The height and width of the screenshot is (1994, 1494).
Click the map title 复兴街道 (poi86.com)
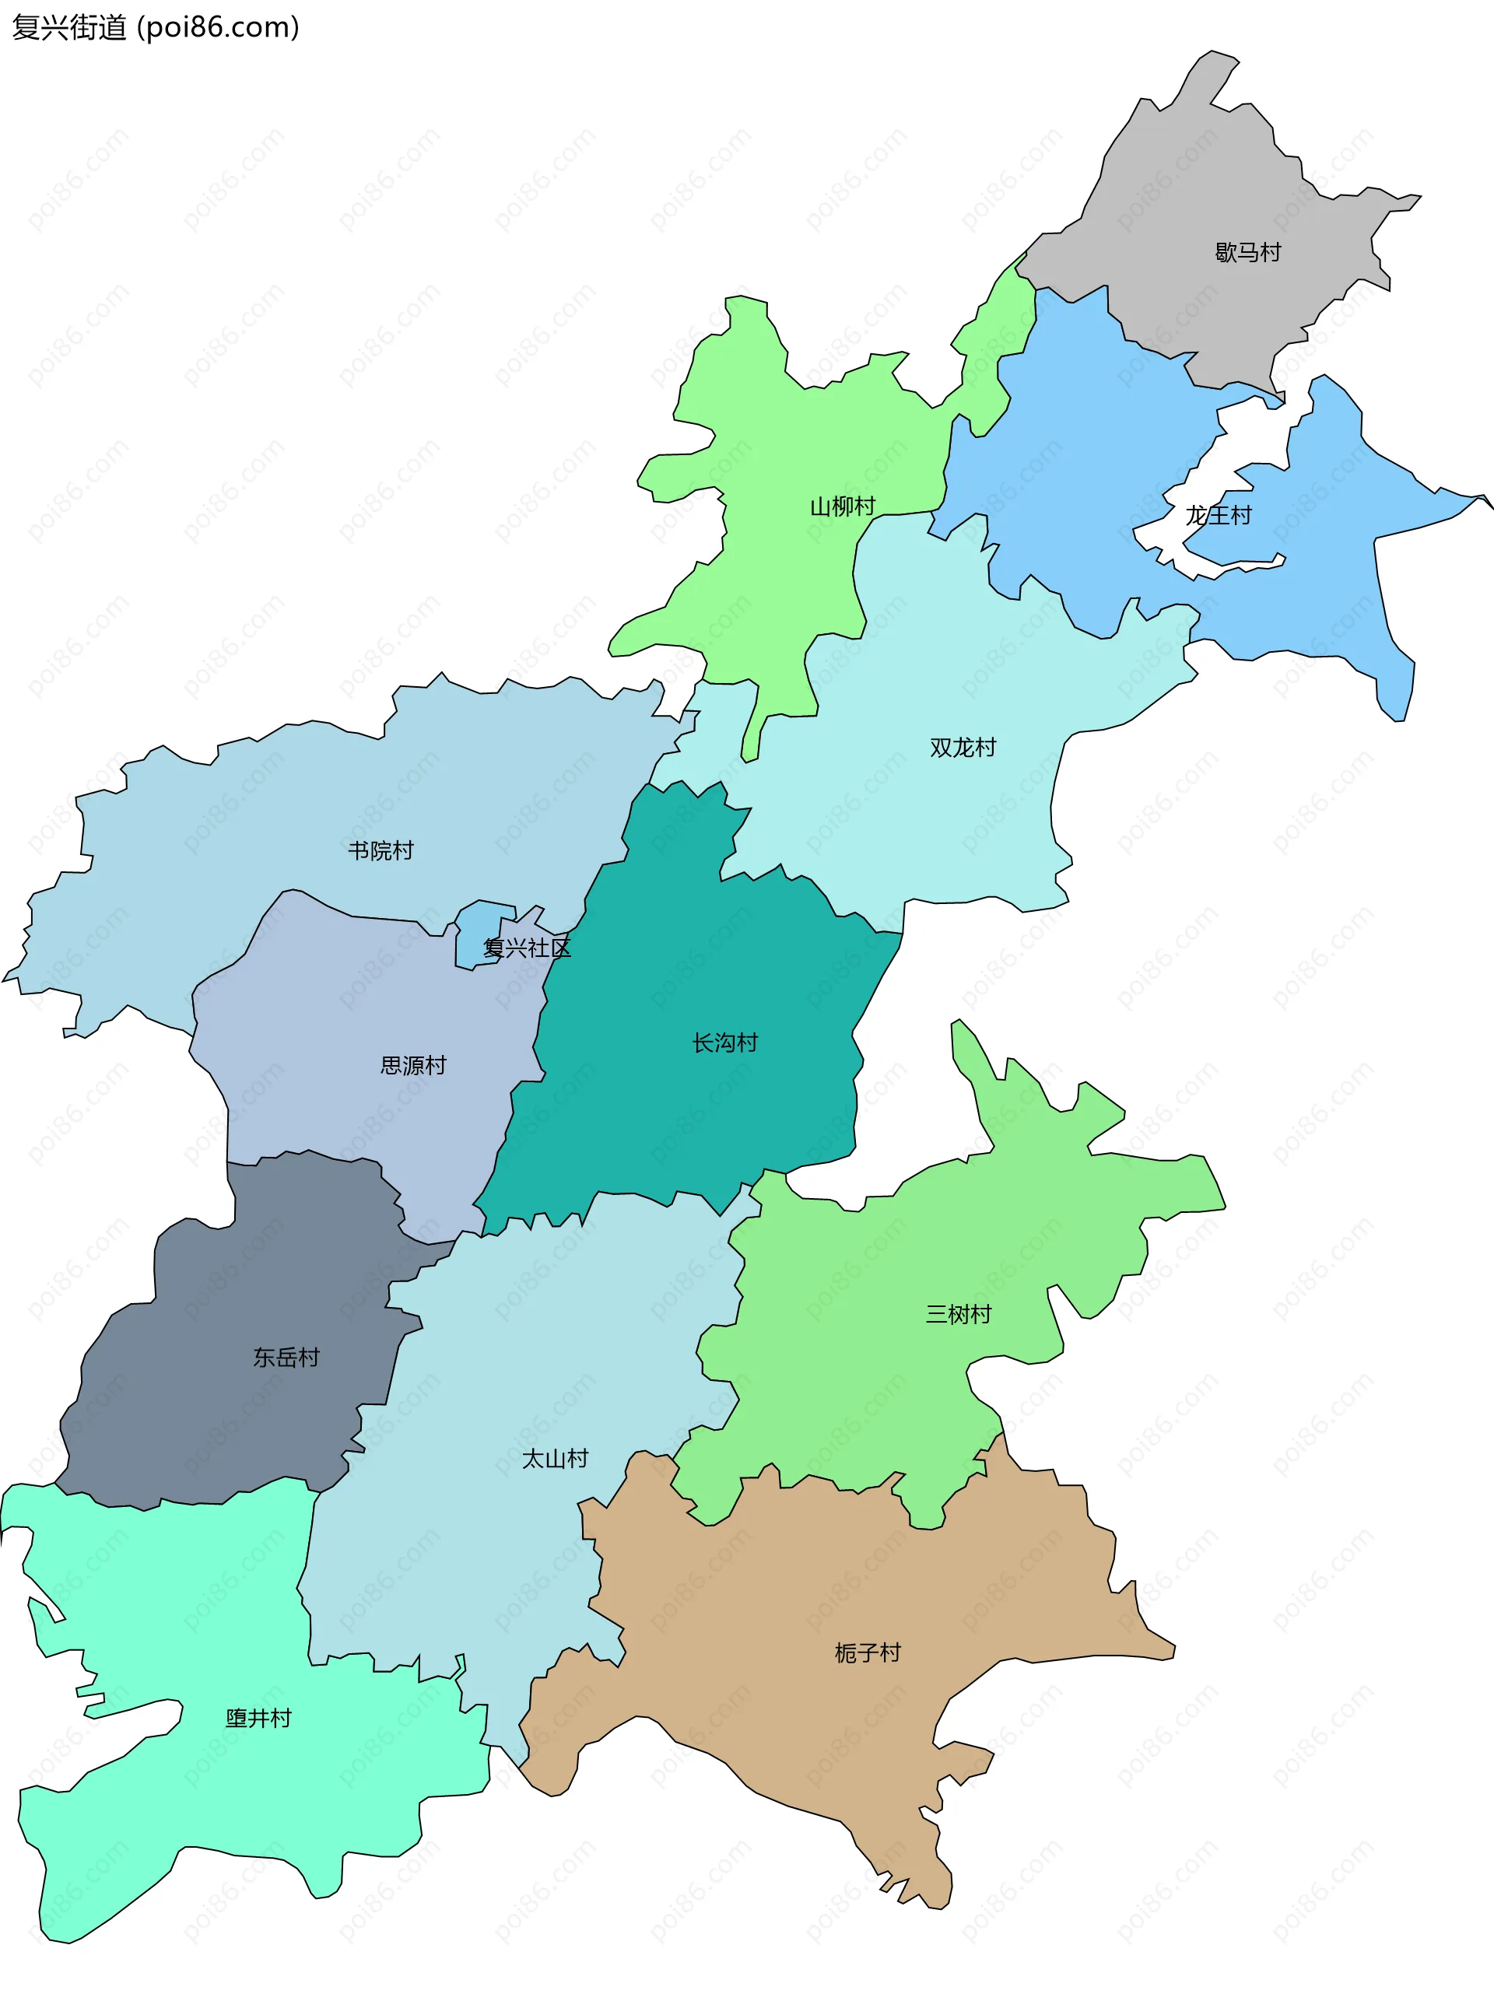click(155, 27)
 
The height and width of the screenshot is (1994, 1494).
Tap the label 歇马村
click(1248, 252)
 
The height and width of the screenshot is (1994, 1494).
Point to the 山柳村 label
click(843, 506)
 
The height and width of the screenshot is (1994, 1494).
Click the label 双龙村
click(963, 748)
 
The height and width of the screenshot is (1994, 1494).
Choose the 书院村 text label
click(381, 850)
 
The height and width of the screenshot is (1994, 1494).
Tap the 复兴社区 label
click(528, 948)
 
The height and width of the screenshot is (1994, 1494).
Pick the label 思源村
click(413, 1066)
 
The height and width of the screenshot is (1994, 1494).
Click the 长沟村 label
click(725, 1043)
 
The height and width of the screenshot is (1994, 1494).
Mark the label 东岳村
click(286, 1358)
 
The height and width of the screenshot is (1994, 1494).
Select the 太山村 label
click(555, 1459)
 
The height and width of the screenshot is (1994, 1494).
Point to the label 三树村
click(959, 1314)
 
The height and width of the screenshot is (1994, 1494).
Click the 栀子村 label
click(868, 1652)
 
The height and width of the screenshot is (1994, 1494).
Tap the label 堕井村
click(259, 1718)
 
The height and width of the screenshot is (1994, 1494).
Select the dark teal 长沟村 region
click(686, 1109)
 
